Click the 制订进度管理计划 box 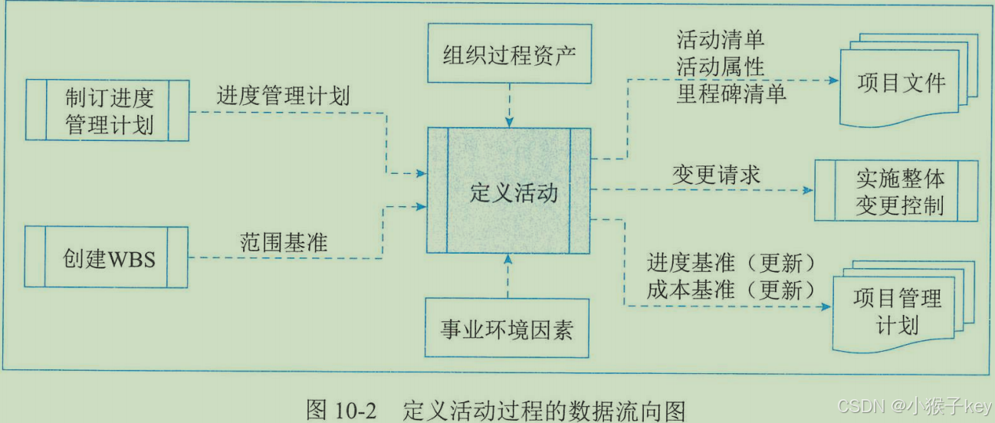[107, 110]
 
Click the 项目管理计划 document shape [897, 310]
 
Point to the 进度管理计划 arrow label [283, 97]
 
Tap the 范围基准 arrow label [283, 242]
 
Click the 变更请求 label [716, 175]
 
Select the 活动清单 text [720, 39]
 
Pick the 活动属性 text [720, 67]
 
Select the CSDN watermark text [859, 405]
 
